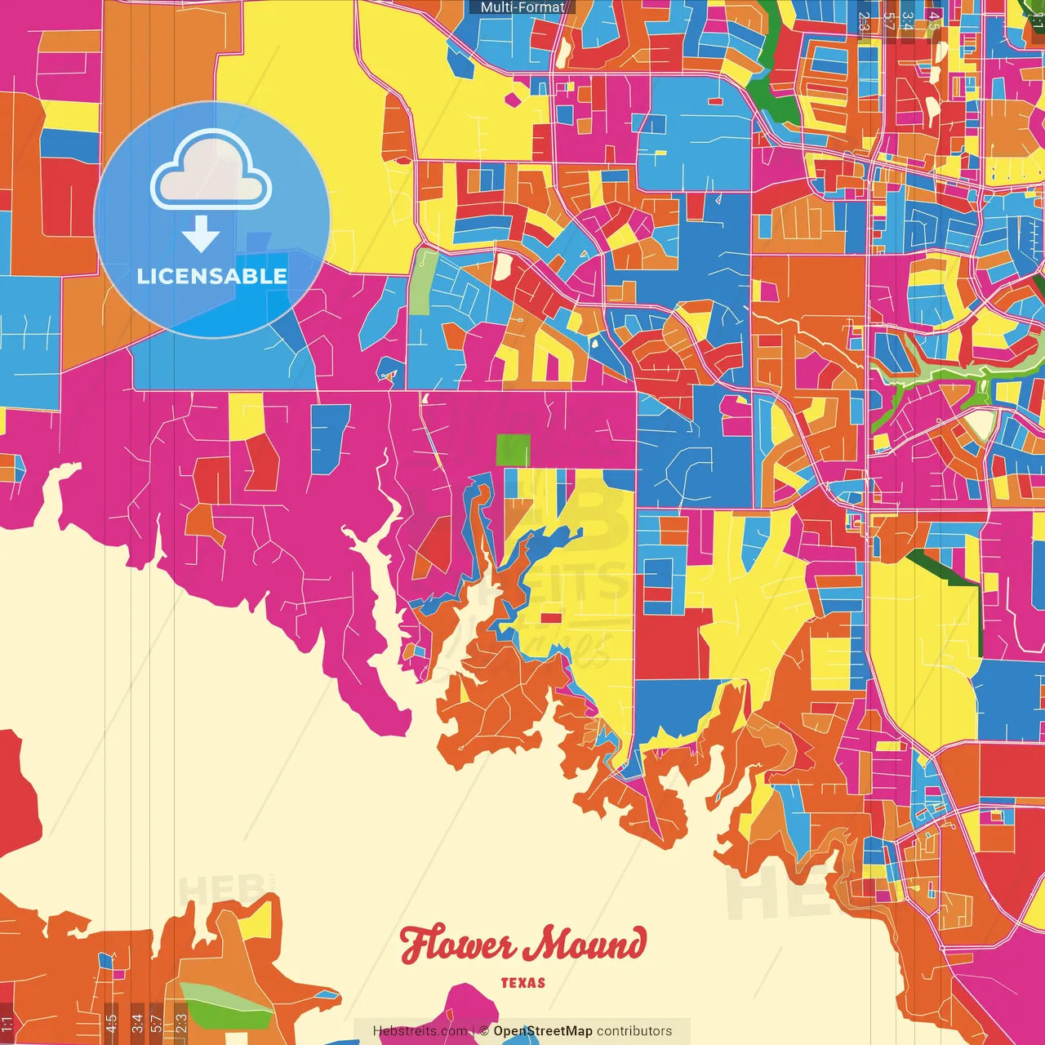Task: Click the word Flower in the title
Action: coord(457,945)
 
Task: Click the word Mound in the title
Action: coord(585,945)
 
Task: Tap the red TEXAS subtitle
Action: coord(522,983)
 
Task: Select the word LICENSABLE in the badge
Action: coord(212,276)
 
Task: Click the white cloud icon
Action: coord(211,170)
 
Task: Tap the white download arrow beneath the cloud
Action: coord(201,233)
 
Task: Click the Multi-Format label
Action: coord(522,7)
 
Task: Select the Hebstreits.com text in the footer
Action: coord(420,1031)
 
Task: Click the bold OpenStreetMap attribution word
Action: coord(543,1031)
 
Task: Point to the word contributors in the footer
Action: coord(634,1031)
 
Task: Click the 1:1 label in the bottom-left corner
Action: coord(7,1023)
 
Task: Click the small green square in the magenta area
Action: coord(513,450)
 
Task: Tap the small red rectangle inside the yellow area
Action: coord(551,618)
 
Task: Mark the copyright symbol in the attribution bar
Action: coord(484,1031)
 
